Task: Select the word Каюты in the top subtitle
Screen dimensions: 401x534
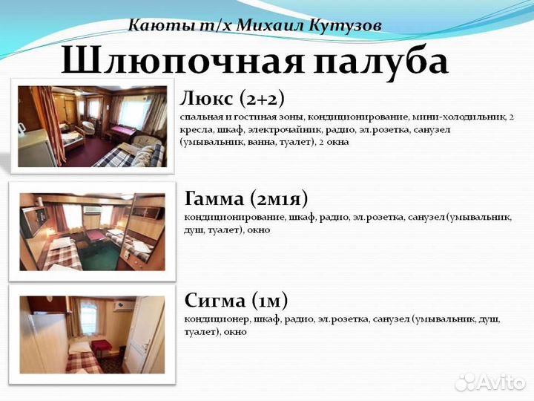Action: click(x=151, y=25)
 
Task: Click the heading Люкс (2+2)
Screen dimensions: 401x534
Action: click(x=232, y=98)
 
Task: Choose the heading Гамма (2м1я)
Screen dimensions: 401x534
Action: click(x=245, y=199)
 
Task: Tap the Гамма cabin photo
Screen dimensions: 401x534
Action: click(x=92, y=232)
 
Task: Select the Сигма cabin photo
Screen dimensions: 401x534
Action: click(x=92, y=335)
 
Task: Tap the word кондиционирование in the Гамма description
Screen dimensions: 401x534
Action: click(x=234, y=218)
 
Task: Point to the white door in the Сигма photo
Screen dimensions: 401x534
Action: click(x=145, y=334)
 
